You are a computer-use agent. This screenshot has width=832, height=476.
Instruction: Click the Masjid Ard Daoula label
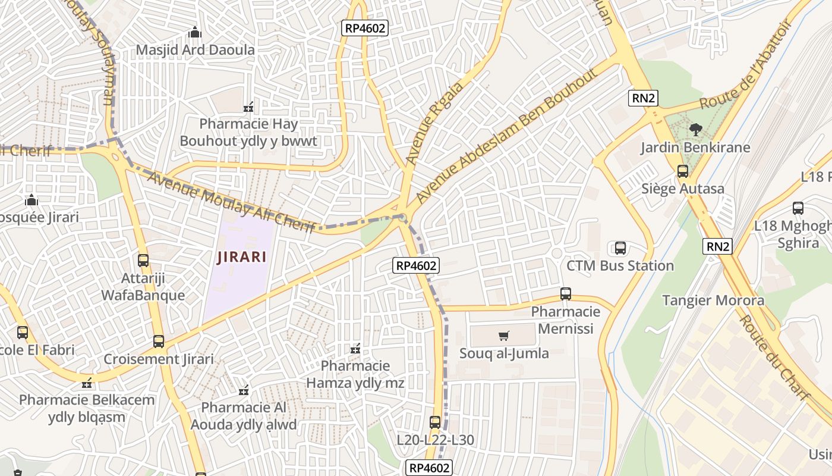[195, 49]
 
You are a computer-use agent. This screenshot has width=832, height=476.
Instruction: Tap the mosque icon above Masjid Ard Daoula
[194, 32]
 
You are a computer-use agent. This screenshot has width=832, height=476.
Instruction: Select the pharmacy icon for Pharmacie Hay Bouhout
[248, 108]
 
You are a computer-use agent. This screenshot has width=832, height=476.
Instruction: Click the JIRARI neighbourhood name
[241, 258]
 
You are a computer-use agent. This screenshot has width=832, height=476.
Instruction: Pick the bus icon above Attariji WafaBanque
[143, 260]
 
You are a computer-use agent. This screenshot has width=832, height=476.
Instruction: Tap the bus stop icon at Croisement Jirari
[158, 342]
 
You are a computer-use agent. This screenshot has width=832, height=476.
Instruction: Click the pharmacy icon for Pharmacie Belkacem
[87, 383]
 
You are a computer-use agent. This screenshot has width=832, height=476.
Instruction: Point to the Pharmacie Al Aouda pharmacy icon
[243, 391]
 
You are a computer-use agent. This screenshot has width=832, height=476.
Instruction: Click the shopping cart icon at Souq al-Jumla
[504, 336]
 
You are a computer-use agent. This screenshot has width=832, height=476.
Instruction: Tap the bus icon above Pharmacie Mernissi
[565, 294]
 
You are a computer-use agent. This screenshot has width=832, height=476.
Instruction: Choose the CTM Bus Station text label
[620, 265]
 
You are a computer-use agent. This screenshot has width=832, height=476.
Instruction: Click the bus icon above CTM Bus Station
[620, 248]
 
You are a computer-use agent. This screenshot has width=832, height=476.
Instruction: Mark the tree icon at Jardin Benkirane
[695, 129]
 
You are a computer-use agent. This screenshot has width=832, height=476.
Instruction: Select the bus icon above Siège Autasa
[682, 171]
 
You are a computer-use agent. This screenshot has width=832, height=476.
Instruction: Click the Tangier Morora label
[713, 300]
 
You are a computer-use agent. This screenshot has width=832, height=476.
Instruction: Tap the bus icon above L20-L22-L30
[435, 422]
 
